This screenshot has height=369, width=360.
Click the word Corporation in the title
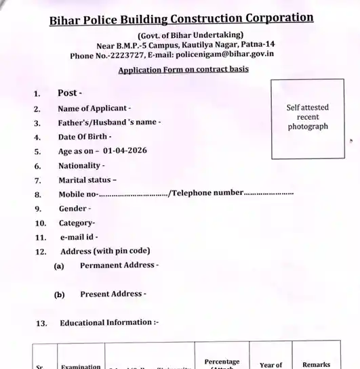[x=273, y=18]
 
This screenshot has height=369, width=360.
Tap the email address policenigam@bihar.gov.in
[x=226, y=56]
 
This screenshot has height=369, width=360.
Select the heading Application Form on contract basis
[x=183, y=69]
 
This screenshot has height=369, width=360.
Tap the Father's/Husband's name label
[x=109, y=123]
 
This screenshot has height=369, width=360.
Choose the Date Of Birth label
[x=85, y=137]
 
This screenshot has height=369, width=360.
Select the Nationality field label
[x=81, y=166]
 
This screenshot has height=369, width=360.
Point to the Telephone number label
[x=207, y=194]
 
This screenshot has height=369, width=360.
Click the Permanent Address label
[x=119, y=265]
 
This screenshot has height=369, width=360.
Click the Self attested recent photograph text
[x=307, y=116]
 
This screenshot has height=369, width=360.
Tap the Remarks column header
[x=316, y=364]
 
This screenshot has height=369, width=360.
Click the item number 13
[x=40, y=323]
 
